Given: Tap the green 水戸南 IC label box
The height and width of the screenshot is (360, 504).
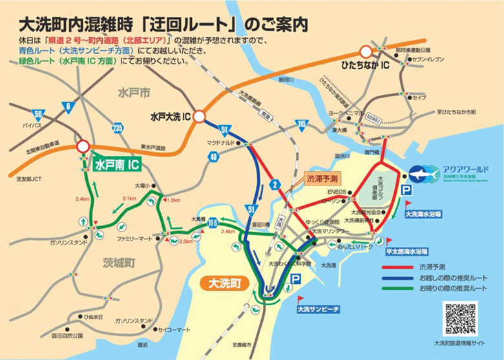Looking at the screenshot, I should tap(116, 165).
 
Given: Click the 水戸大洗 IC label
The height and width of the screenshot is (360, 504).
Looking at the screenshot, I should tap(167, 117).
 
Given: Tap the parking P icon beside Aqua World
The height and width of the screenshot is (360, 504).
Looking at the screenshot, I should tap(406, 191).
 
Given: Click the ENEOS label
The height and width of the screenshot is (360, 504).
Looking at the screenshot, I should tap(336, 192).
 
